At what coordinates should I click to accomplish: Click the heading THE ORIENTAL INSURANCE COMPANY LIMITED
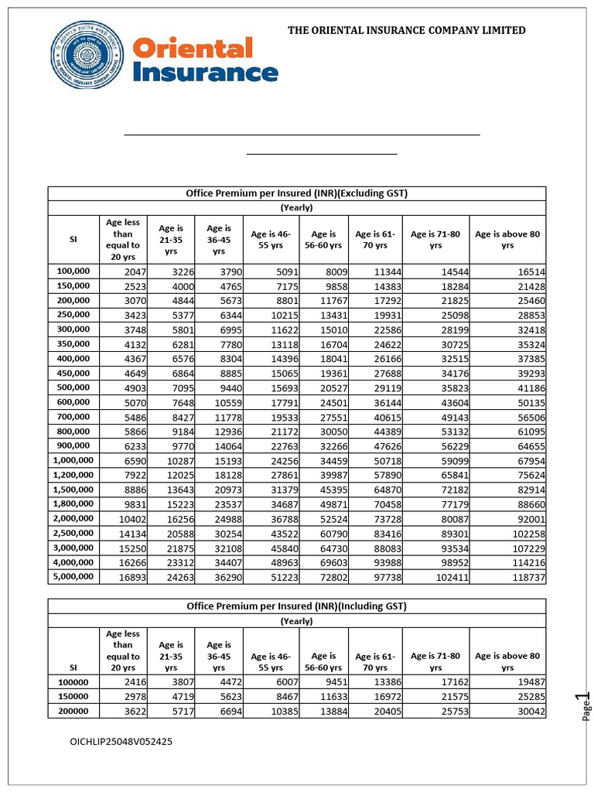coord(407,30)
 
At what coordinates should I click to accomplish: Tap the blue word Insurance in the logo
coord(206,73)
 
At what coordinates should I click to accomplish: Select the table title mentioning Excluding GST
coord(297,193)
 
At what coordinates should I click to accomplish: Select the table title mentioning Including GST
coord(297,606)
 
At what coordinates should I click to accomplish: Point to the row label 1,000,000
coord(73,460)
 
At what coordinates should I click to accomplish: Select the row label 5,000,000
coord(73,577)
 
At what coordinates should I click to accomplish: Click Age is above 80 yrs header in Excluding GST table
coord(507,239)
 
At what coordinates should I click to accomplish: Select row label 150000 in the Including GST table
coord(73,697)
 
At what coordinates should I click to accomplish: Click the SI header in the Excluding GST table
coord(73,240)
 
